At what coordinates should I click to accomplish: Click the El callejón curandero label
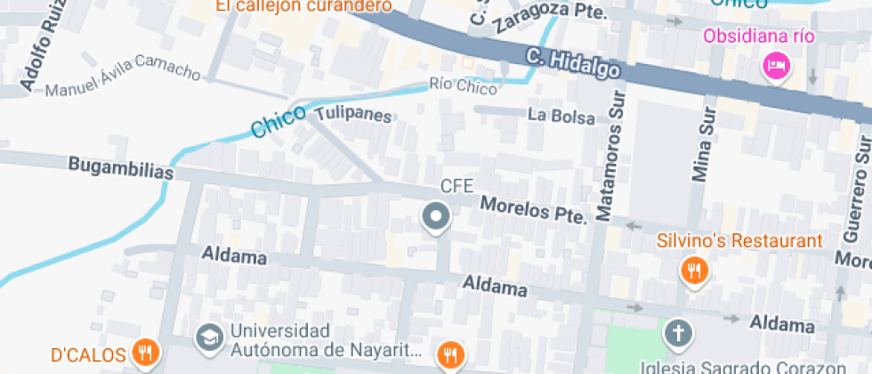point(303,6)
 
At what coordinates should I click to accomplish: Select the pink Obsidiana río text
point(759,37)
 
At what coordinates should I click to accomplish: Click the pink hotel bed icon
point(776,65)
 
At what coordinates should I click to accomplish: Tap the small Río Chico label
point(463,85)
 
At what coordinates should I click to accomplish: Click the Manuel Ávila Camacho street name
point(123,81)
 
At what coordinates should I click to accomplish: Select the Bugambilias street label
point(120,168)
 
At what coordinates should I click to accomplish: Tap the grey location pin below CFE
point(410,217)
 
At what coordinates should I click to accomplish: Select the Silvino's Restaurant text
point(739,241)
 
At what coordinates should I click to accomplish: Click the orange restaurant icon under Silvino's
point(693,269)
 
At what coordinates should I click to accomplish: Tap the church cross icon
point(677,334)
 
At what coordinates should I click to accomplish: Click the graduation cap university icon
point(210,337)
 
